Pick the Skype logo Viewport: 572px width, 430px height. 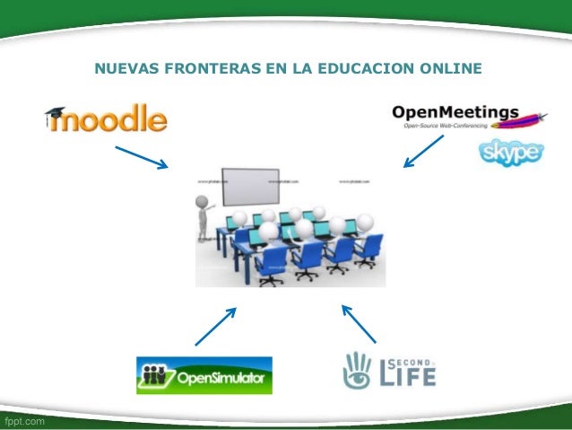(x=509, y=153)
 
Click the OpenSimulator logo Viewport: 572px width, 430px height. (x=204, y=375)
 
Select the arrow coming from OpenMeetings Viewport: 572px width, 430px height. (x=422, y=150)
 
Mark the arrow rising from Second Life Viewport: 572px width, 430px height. (x=359, y=324)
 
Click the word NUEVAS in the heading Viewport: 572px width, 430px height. (x=123, y=68)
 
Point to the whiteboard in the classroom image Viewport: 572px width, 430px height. (x=261, y=186)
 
